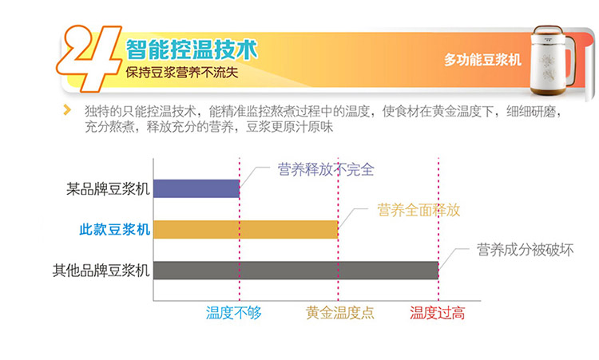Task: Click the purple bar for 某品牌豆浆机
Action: coord(196,188)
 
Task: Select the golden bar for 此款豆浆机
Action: coord(246,229)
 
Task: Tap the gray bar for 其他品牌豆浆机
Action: coord(296,271)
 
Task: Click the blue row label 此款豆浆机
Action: coord(114,229)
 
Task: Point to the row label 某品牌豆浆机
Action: coord(108,189)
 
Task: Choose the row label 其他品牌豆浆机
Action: coord(101,271)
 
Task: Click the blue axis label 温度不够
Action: coord(234,313)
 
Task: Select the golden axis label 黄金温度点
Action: coord(340,313)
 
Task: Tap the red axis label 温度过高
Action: coord(438,313)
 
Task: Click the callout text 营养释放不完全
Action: coord(326,169)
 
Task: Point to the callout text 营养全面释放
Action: coord(419,210)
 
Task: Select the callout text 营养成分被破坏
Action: coord(526,250)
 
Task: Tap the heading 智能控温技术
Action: coord(192,49)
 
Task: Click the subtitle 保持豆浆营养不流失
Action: coord(182,72)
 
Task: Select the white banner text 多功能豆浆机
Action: coord(482,60)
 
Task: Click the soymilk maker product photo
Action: coord(553,60)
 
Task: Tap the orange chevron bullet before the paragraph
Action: coord(67,110)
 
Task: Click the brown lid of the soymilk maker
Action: coord(548,30)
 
